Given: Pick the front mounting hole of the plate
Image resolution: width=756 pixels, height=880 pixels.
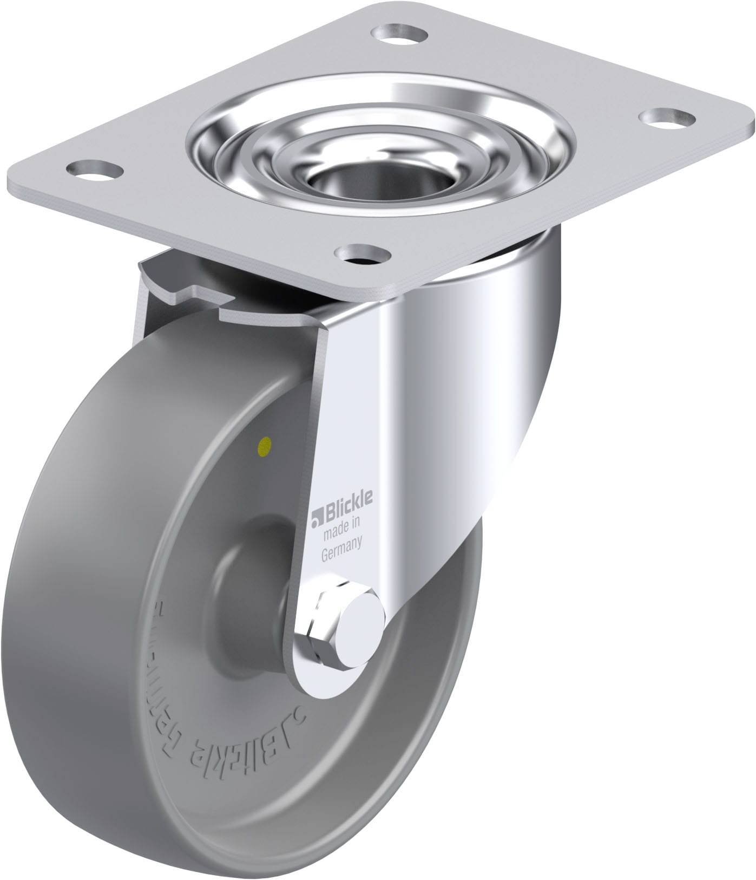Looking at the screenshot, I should click(x=363, y=253).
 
